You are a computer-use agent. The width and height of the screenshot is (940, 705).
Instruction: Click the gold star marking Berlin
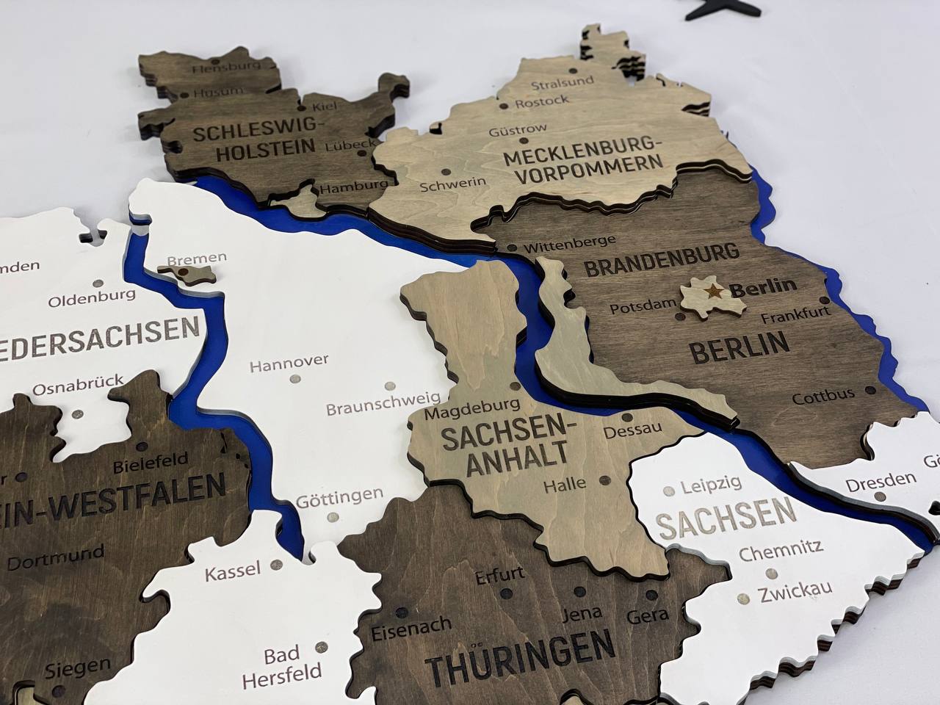(x=711, y=292)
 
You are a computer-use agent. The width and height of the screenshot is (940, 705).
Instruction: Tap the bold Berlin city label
(x=763, y=285)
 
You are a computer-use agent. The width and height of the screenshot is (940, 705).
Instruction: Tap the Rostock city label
(x=541, y=101)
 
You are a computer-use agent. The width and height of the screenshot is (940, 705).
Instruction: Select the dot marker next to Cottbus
(x=870, y=390)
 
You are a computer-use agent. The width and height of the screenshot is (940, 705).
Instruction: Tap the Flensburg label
(x=226, y=68)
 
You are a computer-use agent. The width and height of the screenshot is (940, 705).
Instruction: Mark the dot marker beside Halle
(x=604, y=480)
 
